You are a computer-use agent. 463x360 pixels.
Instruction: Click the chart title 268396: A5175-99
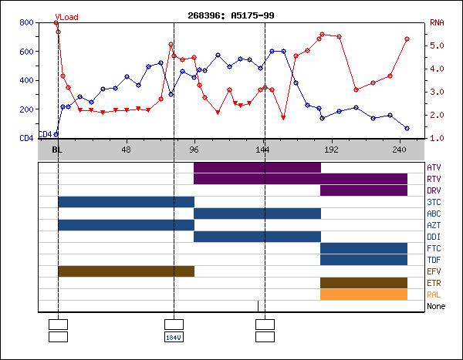click(231, 15)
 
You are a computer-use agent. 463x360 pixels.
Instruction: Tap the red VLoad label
click(67, 15)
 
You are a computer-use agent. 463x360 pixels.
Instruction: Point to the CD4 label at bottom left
click(45, 135)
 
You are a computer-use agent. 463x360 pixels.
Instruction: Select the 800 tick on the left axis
click(26, 23)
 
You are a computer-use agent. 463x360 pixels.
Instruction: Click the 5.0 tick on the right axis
click(438, 45)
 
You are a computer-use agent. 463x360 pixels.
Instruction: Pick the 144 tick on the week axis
click(262, 150)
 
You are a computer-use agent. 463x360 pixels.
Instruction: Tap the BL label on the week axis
click(57, 150)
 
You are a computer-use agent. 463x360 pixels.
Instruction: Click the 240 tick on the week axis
click(399, 150)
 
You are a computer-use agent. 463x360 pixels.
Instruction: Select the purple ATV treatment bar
click(257, 167)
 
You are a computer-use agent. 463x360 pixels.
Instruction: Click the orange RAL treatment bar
click(363, 294)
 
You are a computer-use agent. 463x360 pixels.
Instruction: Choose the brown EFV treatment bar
click(126, 271)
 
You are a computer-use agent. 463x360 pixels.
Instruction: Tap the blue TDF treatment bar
click(363, 260)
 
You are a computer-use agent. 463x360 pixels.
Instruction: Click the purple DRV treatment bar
click(363, 190)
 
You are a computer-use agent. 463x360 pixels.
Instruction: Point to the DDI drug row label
click(434, 237)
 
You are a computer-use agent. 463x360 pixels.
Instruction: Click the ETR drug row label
click(434, 283)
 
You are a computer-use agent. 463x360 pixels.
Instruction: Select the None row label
click(435, 306)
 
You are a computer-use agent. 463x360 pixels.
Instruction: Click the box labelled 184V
click(174, 337)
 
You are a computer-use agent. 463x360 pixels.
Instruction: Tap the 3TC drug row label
click(434, 202)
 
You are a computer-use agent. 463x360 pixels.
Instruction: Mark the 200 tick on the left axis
click(26, 109)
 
